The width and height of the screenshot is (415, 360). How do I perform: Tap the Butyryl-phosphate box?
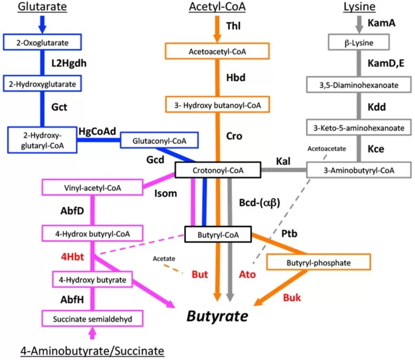pyautogui.click(x=319, y=263)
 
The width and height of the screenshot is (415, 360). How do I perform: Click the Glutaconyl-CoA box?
pyautogui.click(x=159, y=141)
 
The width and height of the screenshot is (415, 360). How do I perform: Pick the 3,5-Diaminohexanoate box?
pyautogui.click(x=358, y=85)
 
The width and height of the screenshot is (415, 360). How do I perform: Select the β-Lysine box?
pyautogui.click(x=358, y=43)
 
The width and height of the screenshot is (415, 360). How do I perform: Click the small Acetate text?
pyautogui.click(x=164, y=259)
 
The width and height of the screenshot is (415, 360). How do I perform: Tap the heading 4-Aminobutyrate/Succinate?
pyautogui.click(x=92, y=351)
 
